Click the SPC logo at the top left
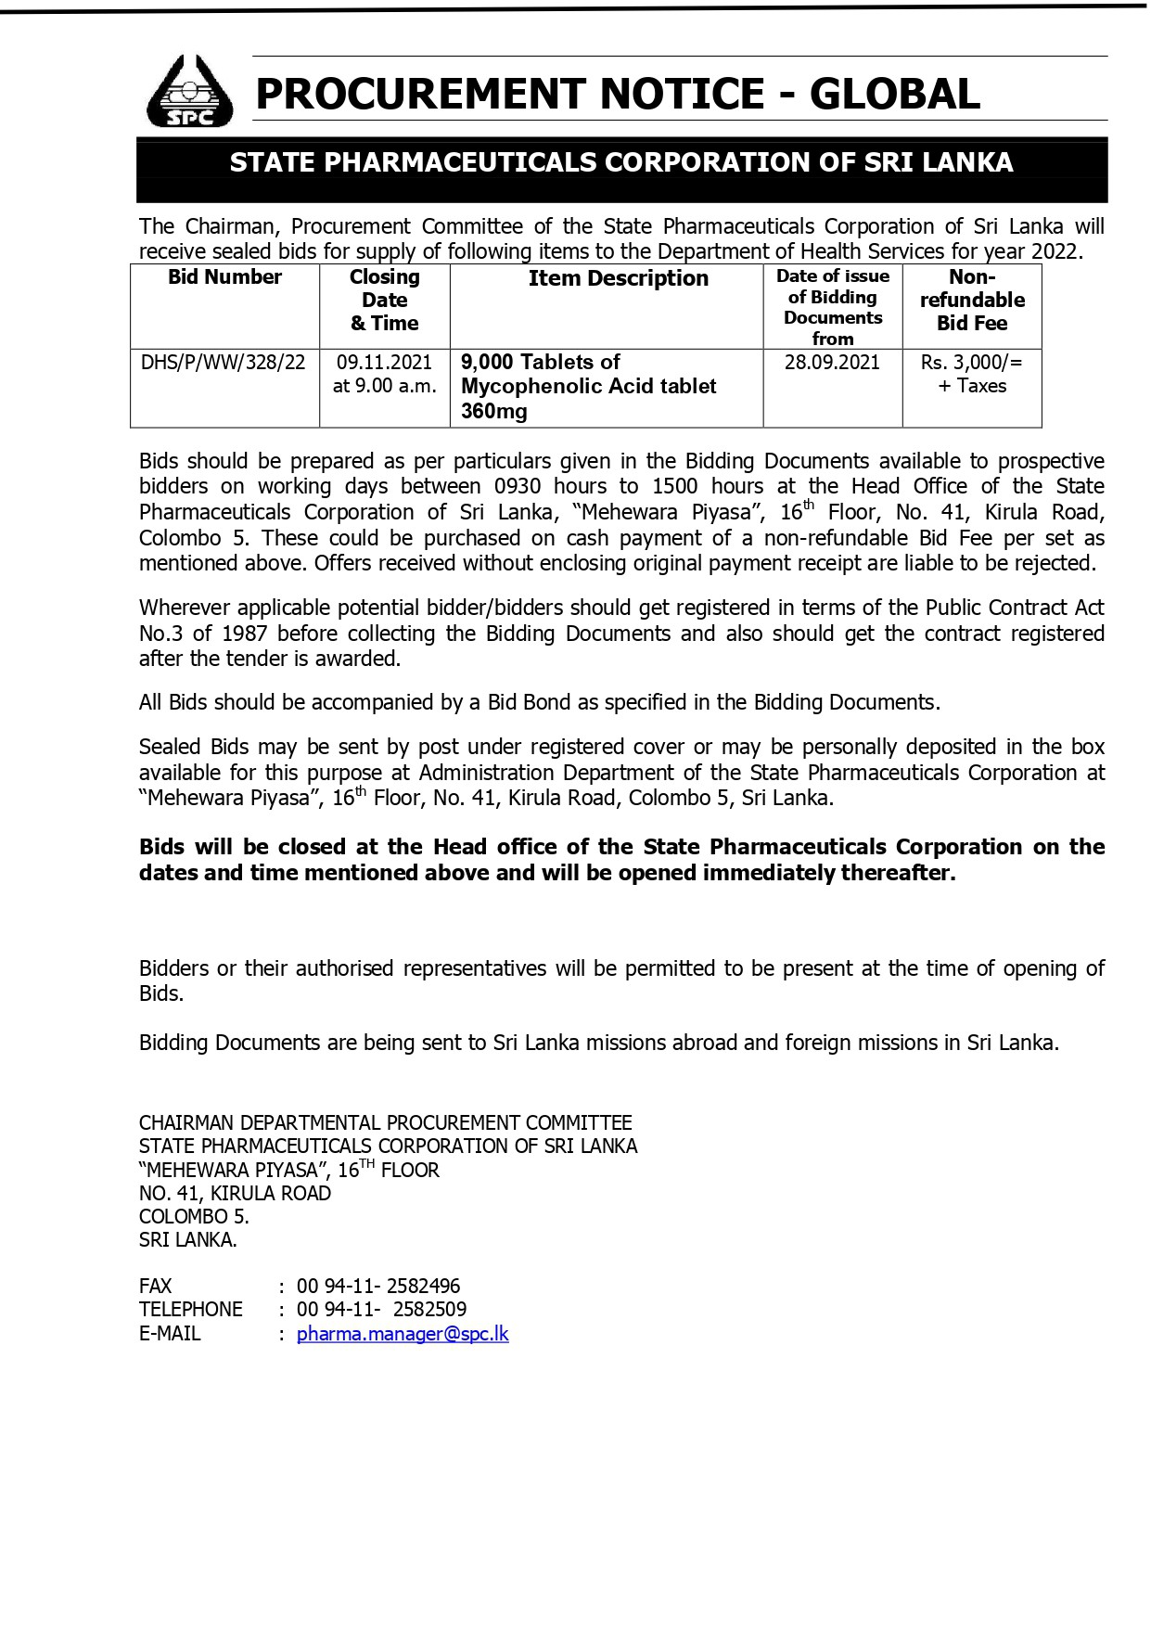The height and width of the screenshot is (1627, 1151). click(191, 91)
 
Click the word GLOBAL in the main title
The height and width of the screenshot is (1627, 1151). click(895, 94)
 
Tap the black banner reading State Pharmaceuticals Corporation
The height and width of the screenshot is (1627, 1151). click(621, 163)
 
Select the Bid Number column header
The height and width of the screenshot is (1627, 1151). click(224, 277)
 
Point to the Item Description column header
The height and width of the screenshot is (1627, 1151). click(618, 278)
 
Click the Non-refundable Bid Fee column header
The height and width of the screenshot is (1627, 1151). click(972, 300)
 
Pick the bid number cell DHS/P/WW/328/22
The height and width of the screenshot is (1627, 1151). click(224, 362)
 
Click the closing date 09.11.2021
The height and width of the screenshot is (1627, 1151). click(384, 362)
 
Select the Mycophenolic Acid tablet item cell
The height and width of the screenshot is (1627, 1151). click(588, 386)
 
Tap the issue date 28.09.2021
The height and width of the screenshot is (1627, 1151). click(832, 362)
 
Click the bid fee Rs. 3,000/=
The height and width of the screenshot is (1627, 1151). click(971, 362)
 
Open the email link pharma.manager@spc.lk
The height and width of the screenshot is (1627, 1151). click(403, 1334)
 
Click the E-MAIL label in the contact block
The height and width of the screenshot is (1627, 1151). click(170, 1334)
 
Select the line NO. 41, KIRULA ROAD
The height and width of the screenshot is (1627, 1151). click(235, 1193)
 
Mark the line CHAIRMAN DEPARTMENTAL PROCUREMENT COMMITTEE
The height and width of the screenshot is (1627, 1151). click(385, 1122)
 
